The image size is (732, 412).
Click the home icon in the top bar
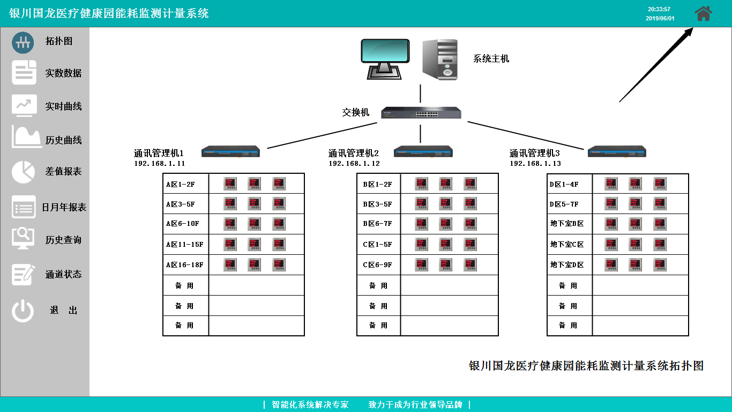[x=703, y=13]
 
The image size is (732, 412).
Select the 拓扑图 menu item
[x=58, y=41]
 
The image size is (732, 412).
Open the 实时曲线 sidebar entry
[x=63, y=106]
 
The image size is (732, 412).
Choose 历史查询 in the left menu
[x=63, y=240]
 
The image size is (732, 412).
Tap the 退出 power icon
[x=23, y=311]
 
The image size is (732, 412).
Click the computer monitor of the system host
[x=385, y=58]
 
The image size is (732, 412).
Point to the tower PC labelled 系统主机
[x=440, y=59]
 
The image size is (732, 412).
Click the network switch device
[x=421, y=113]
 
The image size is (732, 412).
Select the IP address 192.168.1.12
[x=354, y=164]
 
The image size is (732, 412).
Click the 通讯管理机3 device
[x=617, y=152]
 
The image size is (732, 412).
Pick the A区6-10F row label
[x=182, y=224]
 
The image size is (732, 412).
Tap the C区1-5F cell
[x=377, y=245]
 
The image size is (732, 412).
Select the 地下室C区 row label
[x=567, y=245]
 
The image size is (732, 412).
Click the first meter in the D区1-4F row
[x=611, y=183]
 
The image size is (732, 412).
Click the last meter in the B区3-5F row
[x=470, y=204]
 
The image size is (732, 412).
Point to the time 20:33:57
[x=659, y=9]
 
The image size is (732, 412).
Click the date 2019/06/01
[x=660, y=18]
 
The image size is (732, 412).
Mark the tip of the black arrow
[x=693, y=28]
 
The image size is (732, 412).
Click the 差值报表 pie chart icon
[x=23, y=172]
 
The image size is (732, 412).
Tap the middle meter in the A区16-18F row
[x=254, y=264]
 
